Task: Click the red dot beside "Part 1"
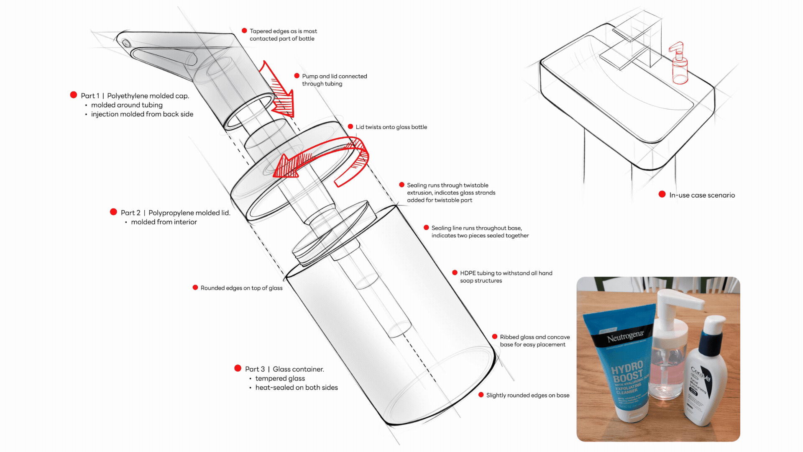(x=74, y=95)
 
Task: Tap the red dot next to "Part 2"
(x=113, y=212)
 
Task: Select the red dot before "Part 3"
(x=238, y=368)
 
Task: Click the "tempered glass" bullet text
(x=280, y=378)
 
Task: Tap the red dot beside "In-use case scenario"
(x=662, y=194)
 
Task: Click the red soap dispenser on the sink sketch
(x=679, y=67)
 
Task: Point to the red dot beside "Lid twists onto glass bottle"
(x=350, y=126)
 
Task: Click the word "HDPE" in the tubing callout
(x=468, y=273)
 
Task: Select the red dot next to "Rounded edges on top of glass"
(x=195, y=288)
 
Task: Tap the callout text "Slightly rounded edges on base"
(x=527, y=395)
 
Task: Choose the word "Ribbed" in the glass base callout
(x=509, y=337)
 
